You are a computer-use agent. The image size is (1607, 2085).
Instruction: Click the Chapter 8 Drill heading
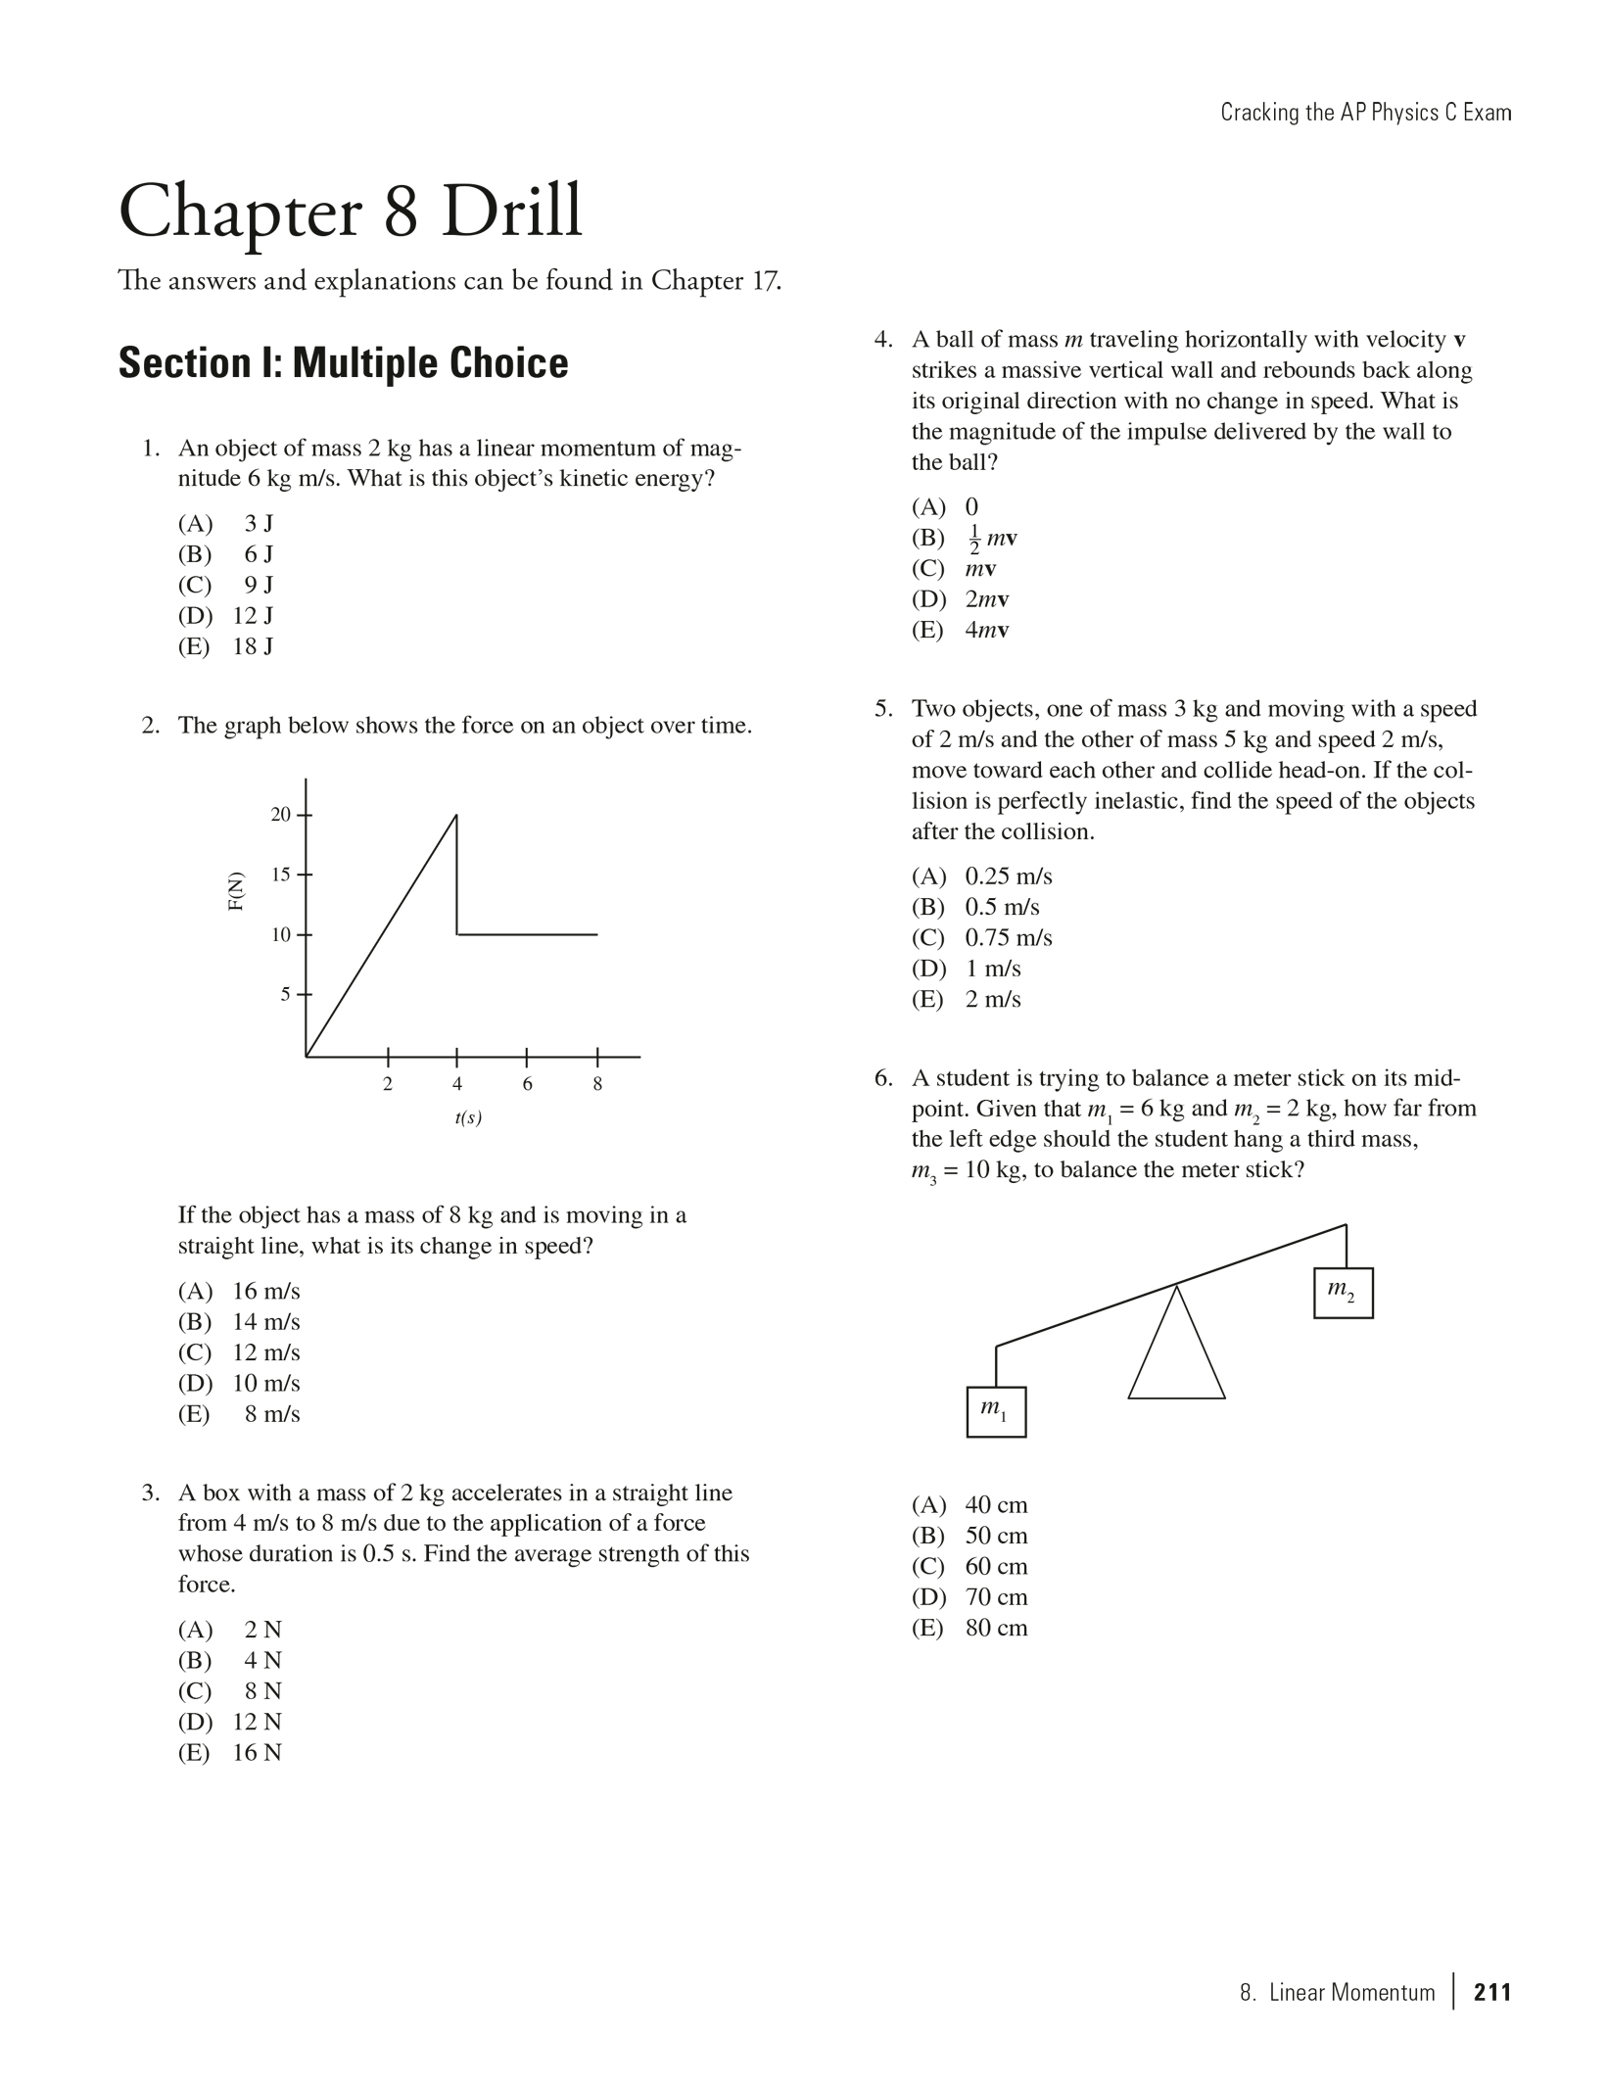[x=350, y=212]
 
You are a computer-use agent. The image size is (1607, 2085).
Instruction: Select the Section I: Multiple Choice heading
[x=343, y=363]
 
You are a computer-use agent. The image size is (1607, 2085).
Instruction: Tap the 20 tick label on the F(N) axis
[x=280, y=815]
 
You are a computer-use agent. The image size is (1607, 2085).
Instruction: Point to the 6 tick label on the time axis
[x=527, y=1084]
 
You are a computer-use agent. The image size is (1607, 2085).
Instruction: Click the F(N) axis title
[x=236, y=891]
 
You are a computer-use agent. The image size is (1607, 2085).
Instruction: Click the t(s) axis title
[x=468, y=1117]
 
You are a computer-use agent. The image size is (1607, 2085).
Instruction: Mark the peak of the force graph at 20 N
[x=456, y=815]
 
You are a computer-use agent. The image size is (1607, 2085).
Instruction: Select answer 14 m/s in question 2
[x=265, y=1322]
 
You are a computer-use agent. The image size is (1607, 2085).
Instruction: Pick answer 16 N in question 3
[x=257, y=1753]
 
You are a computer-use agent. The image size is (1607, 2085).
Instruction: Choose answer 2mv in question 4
[x=986, y=599]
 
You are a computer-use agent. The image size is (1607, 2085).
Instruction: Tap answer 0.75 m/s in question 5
[x=1008, y=938]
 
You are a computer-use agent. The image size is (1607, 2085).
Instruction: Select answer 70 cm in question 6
[x=996, y=1597]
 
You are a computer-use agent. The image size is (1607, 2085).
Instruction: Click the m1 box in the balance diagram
[x=996, y=1412]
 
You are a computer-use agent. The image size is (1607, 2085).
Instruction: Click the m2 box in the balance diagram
[x=1343, y=1293]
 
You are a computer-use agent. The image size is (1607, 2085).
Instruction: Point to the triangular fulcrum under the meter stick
[x=1176, y=1356]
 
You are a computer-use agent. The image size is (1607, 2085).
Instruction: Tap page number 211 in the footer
[x=1492, y=1992]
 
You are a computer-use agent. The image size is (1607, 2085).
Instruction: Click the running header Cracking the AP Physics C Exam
[x=1365, y=113]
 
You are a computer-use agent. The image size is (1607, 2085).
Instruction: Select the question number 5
[x=883, y=709]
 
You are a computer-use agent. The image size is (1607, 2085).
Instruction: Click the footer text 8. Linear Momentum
[x=1337, y=1992]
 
